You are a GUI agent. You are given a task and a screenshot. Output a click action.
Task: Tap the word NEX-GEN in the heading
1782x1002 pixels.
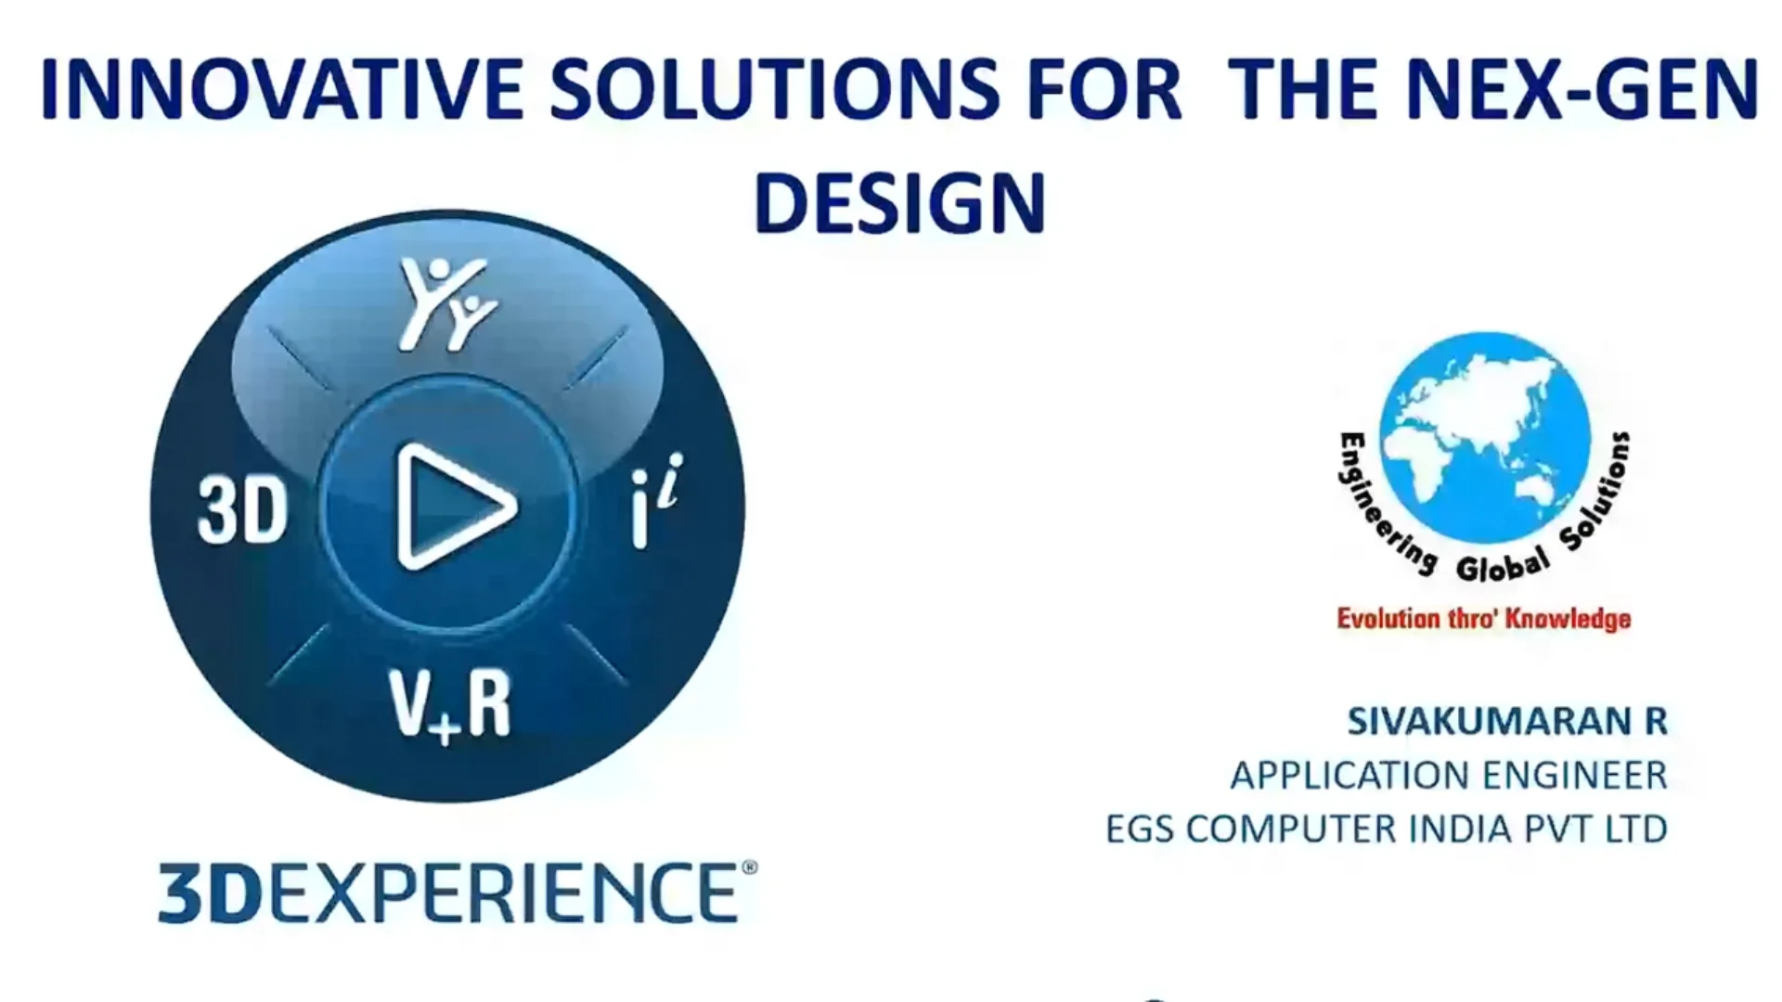(x=1581, y=89)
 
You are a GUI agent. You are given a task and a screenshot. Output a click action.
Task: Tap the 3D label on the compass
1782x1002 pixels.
(x=243, y=510)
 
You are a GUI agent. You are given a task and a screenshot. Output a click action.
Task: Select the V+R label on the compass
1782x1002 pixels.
(x=450, y=705)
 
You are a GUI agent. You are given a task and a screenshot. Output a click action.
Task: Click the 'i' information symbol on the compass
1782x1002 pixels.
(x=656, y=501)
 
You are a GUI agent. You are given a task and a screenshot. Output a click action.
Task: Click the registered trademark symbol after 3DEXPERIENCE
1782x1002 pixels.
(x=750, y=867)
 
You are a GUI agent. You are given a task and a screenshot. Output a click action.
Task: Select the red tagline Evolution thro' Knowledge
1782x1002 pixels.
(x=1483, y=619)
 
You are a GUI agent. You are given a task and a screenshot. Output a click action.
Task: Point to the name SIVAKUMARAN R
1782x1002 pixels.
(x=1507, y=721)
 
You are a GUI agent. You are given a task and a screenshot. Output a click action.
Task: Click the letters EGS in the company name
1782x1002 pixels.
(x=1140, y=829)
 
